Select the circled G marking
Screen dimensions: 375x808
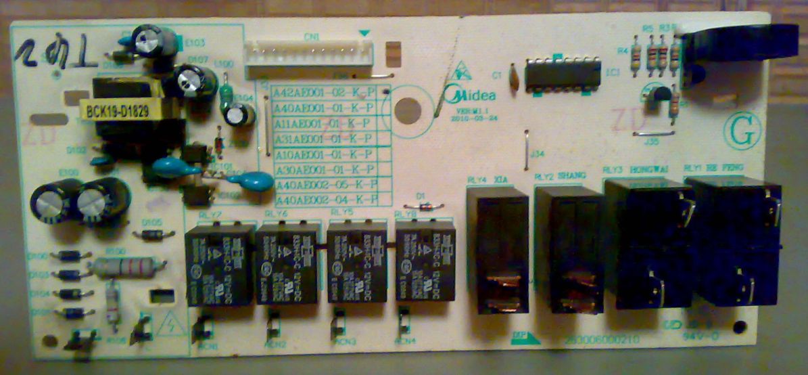pyautogui.click(x=744, y=133)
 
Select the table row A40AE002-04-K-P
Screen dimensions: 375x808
pyautogui.click(x=325, y=199)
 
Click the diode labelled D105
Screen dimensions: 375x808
pyautogui.click(x=153, y=234)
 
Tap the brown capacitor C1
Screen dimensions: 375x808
pyautogui.click(x=515, y=76)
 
